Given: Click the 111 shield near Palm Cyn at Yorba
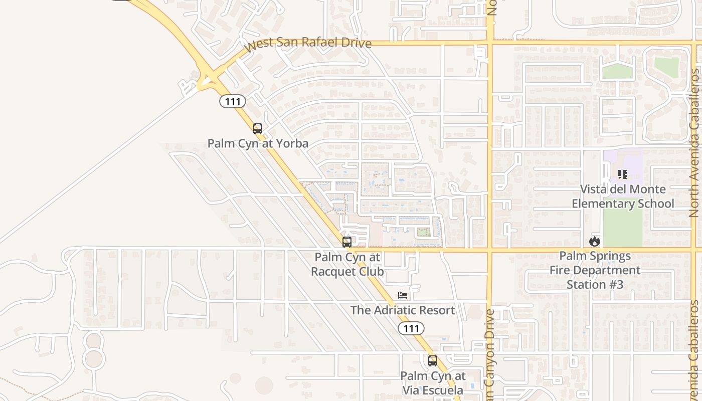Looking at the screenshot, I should click(233, 101).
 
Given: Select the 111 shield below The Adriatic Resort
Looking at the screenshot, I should click(411, 328).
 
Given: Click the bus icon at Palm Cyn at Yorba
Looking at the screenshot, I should click(258, 129).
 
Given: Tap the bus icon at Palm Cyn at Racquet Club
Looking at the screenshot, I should click(346, 242).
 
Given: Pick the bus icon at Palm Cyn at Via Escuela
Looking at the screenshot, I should click(433, 360).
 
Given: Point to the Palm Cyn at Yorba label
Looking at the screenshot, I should click(258, 143).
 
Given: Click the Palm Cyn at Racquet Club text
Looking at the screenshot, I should click(347, 264).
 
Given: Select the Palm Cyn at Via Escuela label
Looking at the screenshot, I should click(433, 382).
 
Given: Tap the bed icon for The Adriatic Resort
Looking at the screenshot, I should click(402, 295).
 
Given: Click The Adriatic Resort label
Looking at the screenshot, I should click(403, 310).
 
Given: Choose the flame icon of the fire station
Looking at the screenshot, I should click(595, 241).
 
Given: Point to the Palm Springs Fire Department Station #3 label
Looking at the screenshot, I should click(595, 270).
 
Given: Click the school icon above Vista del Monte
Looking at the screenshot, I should click(623, 174).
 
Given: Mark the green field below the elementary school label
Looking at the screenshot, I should click(623, 228).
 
